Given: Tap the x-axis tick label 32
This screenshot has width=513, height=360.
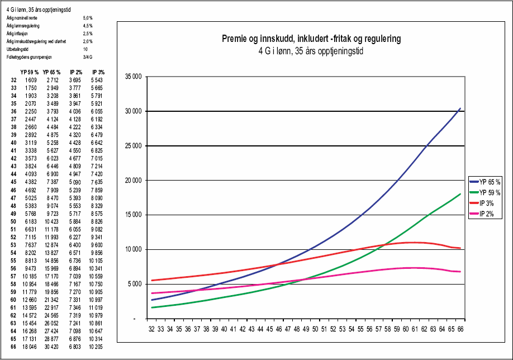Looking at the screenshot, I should pos(151,330).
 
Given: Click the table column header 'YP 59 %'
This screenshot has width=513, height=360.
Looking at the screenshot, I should pos(30,72).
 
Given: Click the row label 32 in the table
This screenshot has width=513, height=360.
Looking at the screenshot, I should pos(13,80).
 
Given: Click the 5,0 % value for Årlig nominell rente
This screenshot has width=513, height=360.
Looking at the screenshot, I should pos(87,18).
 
